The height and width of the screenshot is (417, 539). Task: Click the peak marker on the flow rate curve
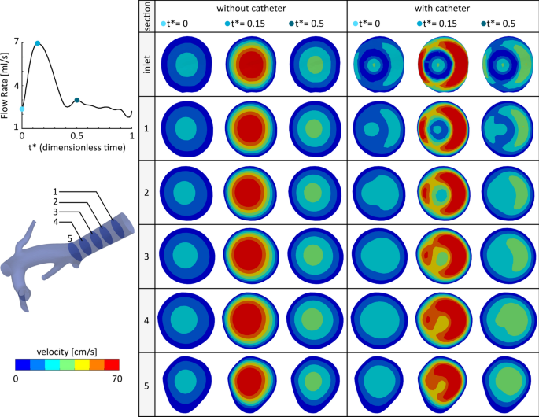[37, 43]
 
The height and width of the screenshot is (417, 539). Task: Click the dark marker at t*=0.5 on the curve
[76, 100]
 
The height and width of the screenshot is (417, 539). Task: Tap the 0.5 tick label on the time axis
[76, 136]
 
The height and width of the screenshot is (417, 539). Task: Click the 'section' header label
[147, 17]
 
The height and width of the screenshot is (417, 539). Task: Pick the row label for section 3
[147, 256]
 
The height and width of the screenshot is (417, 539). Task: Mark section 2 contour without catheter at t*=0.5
[314, 192]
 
